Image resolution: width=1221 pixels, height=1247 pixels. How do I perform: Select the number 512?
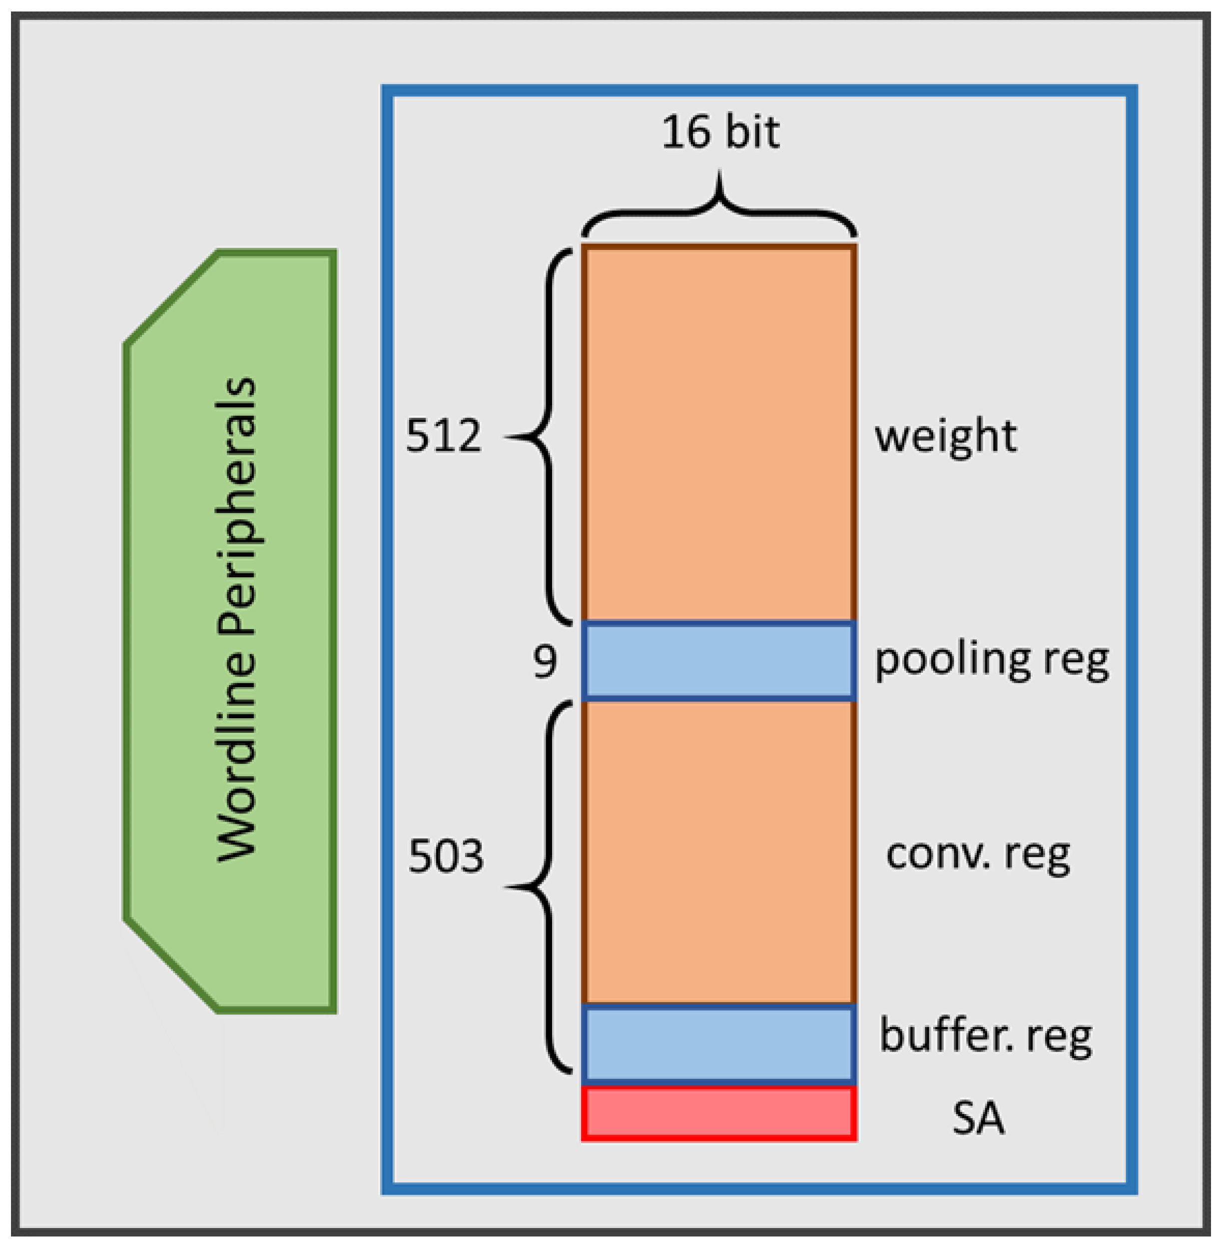click(x=443, y=436)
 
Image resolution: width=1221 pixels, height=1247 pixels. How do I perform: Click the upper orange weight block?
click(x=719, y=433)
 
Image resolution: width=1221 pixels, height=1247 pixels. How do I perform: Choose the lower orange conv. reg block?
click(x=719, y=853)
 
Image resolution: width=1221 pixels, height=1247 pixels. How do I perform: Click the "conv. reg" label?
click(x=977, y=855)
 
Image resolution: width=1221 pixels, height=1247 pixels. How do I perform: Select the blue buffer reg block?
click(x=719, y=1044)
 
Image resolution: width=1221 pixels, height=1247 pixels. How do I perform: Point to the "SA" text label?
click(x=977, y=1118)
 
